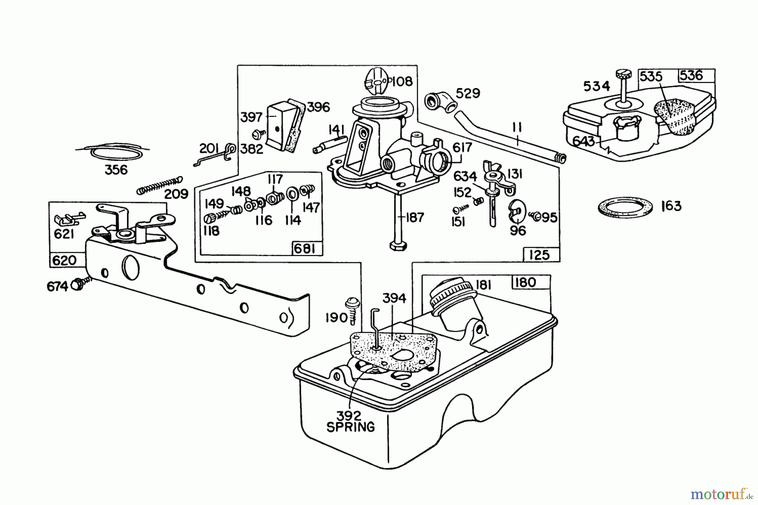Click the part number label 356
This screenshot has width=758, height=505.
coord(116,170)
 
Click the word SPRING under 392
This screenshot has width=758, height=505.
coord(351,427)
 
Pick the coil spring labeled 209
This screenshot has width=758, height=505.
coord(160,185)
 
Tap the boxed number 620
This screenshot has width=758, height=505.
coord(64,260)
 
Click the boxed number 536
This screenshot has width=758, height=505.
coord(691,75)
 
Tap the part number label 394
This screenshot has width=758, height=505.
coord(394,298)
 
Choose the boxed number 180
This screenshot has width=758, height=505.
coord(525,282)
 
